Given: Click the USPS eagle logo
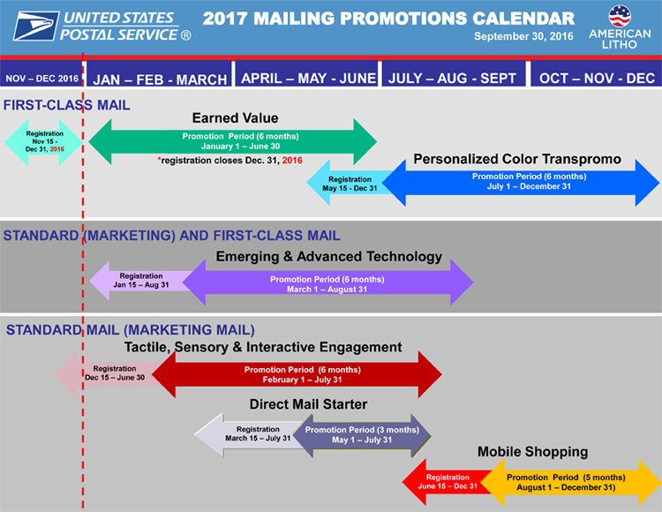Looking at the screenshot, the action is coord(36,26).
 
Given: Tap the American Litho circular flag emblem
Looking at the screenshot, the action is coord(620,16).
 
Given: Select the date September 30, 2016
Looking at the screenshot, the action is coord(523,36).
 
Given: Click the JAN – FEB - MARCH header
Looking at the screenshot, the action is coord(160,79).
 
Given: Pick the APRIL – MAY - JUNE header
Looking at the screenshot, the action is coord(308,78).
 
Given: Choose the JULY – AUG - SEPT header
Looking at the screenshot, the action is coord(452,78).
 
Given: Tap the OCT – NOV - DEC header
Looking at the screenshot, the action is coord(597,78).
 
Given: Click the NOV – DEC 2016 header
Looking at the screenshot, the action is coord(41,79).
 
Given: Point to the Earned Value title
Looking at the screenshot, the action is coord(235,117).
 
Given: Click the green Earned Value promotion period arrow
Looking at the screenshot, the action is coord(233,141).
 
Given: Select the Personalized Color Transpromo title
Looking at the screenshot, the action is coord(517,159).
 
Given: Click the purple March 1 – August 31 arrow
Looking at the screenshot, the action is coord(327,282).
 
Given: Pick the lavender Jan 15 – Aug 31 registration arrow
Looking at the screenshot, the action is coord(139,280).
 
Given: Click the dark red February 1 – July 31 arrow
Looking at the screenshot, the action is coord(297,374).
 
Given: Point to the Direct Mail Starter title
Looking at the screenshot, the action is coord(308,404).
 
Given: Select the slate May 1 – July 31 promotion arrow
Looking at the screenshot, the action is coord(362,435).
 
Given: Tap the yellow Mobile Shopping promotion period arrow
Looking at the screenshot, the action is coord(571,483).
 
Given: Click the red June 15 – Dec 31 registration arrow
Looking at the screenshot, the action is coord(446,482).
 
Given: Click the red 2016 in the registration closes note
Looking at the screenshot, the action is coord(292,161).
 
